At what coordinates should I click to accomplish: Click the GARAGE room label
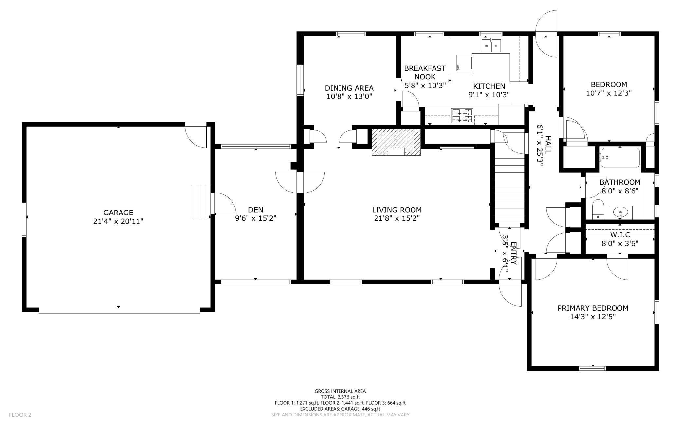(x=118, y=213)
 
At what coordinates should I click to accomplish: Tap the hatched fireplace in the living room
(x=396, y=142)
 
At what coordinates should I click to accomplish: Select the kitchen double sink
(x=491, y=45)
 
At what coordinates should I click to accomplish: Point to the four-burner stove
(x=462, y=116)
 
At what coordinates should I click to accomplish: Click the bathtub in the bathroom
(x=621, y=158)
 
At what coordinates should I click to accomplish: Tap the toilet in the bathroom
(x=598, y=209)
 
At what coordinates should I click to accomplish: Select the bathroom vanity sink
(x=620, y=213)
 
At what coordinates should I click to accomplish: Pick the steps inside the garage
(x=200, y=202)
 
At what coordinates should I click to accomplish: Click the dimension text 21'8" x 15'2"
(x=397, y=218)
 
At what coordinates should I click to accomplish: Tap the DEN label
(x=256, y=210)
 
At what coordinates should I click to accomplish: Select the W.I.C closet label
(x=620, y=235)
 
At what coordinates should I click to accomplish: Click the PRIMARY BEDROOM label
(x=593, y=308)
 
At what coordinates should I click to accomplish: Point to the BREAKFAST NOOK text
(x=425, y=72)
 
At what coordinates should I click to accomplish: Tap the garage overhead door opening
(x=119, y=312)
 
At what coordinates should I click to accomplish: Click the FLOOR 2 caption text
(x=20, y=415)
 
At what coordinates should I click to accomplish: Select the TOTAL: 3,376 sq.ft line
(x=340, y=397)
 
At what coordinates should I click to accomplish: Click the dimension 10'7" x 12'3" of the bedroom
(x=608, y=93)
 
